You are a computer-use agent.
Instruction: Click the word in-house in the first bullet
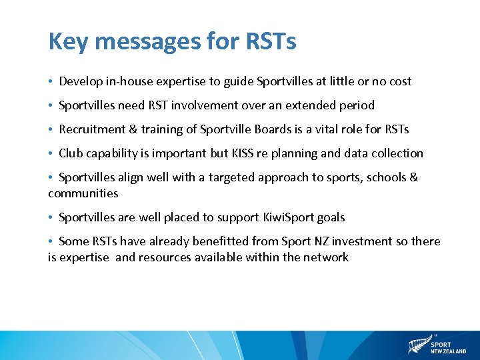click(126, 81)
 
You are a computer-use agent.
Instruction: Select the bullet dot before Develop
click(51, 81)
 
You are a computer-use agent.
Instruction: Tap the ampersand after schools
click(413, 177)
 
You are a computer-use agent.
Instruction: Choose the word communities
click(83, 193)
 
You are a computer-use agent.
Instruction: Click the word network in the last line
click(326, 257)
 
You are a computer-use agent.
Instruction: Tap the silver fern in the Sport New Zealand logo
click(418, 345)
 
